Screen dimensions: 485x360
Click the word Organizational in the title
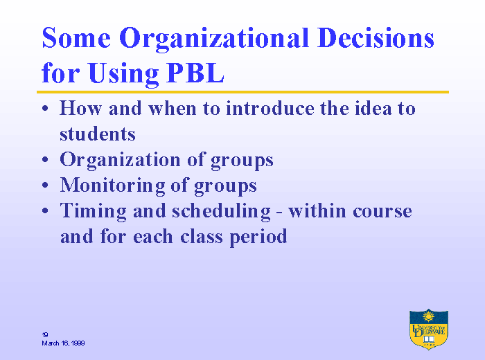pos(214,39)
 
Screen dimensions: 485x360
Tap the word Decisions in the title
pos(376,37)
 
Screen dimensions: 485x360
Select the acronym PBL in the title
pos(195,73)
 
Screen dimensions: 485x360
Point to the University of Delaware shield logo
pos(429,329)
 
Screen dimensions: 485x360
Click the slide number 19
pos(45,334)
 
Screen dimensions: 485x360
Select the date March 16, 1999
pos(64,343)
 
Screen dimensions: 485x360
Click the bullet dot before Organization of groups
pos(45,159)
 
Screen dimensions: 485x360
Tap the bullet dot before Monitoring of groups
pos(45,185)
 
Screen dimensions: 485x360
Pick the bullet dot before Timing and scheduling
pos(45,210)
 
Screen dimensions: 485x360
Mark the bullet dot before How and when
pos(45,108)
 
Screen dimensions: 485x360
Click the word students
pos(98,134)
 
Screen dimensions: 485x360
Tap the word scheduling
pos(221,212)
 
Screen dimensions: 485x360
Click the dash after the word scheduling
pos(280,213)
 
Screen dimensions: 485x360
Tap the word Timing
pos(94,212)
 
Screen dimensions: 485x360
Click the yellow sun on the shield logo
pos(428,316)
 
